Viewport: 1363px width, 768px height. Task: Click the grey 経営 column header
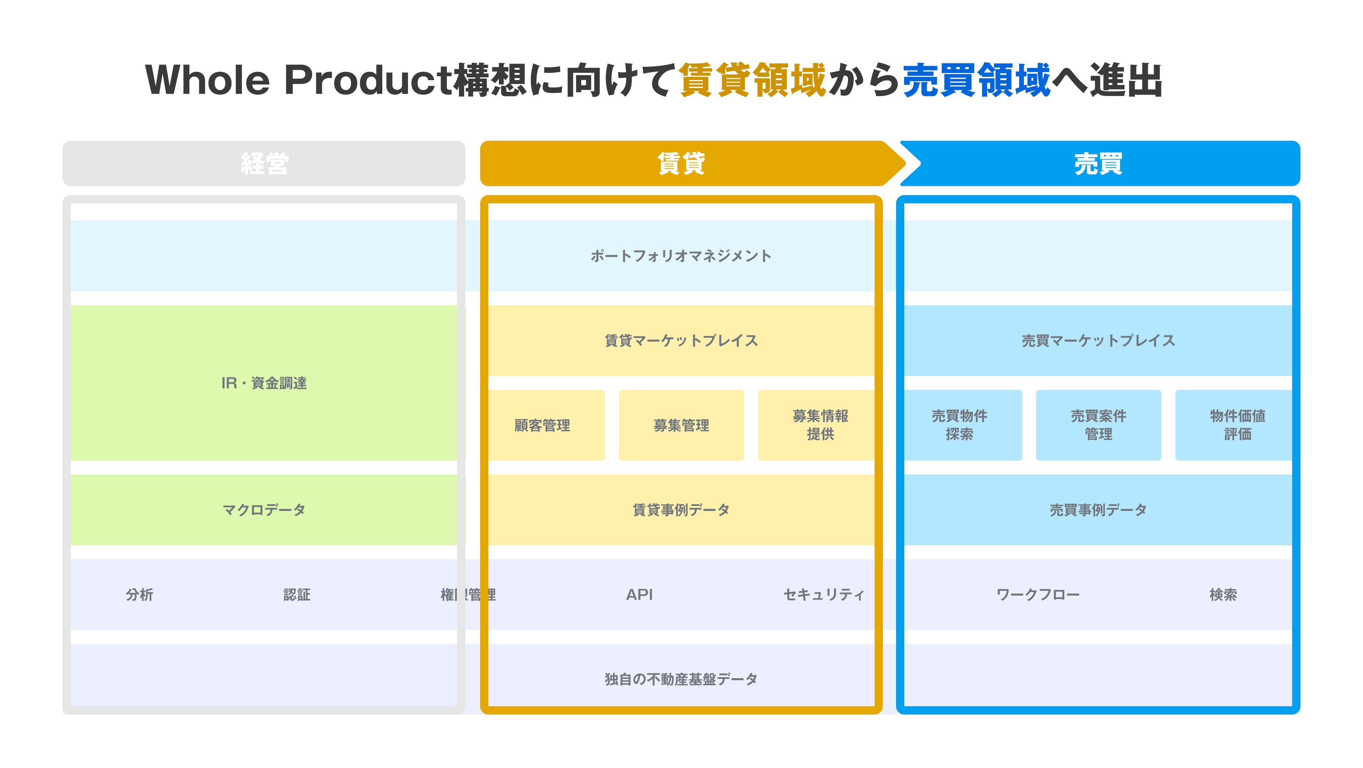click(x=264, y=163)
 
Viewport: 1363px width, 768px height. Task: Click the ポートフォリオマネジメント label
click(x=681, y=256)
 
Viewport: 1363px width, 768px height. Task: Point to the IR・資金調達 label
click(x=264, y=383)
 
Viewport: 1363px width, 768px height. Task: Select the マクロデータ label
click(x=264, y=510)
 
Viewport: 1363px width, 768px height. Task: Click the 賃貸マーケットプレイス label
click(x=681, y=341)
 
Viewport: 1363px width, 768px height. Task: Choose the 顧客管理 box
click(x=542, y=425)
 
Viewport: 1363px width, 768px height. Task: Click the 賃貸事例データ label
click(x=681, y=510)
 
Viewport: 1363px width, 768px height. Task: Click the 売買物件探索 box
click(x=959, y=425)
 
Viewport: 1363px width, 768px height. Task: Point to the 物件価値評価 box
click(x=1237, y=425)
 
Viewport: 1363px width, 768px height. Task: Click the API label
click(x=639, y=594)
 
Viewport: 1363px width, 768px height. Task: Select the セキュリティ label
click(x=823, y=594)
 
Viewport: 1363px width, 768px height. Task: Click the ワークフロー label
click(x=1038, y=594)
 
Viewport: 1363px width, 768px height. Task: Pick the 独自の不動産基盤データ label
click(x=681, y=679)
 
